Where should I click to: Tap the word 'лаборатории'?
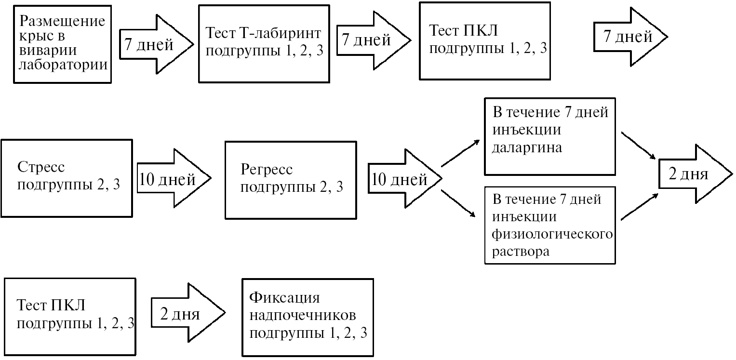click(x=63, y=65)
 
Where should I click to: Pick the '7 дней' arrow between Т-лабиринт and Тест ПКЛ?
click(x=372, y=40)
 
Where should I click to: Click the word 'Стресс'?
click(x=41, y=168)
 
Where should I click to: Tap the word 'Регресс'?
click(x=266, y=170)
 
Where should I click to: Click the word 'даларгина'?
click(x=527, y=147)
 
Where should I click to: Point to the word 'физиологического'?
click(x=552, y=235)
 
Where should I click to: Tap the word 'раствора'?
click(x=521, y=252)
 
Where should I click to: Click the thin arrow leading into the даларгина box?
click(x=461, y=153)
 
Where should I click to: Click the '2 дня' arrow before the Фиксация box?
click(x=186, y=315)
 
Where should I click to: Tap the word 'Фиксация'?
click(x=284, y=297)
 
